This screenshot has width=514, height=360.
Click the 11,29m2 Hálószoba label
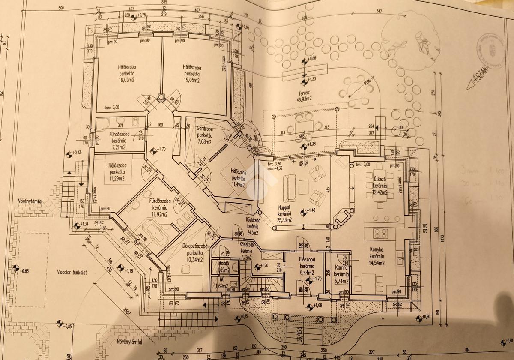pyautogui.click(x=117, y=172)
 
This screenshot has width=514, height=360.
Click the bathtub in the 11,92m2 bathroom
pyautogui.click(x=153, y=232)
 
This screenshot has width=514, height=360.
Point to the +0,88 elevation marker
pyautogui.click(x=304, y=61)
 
